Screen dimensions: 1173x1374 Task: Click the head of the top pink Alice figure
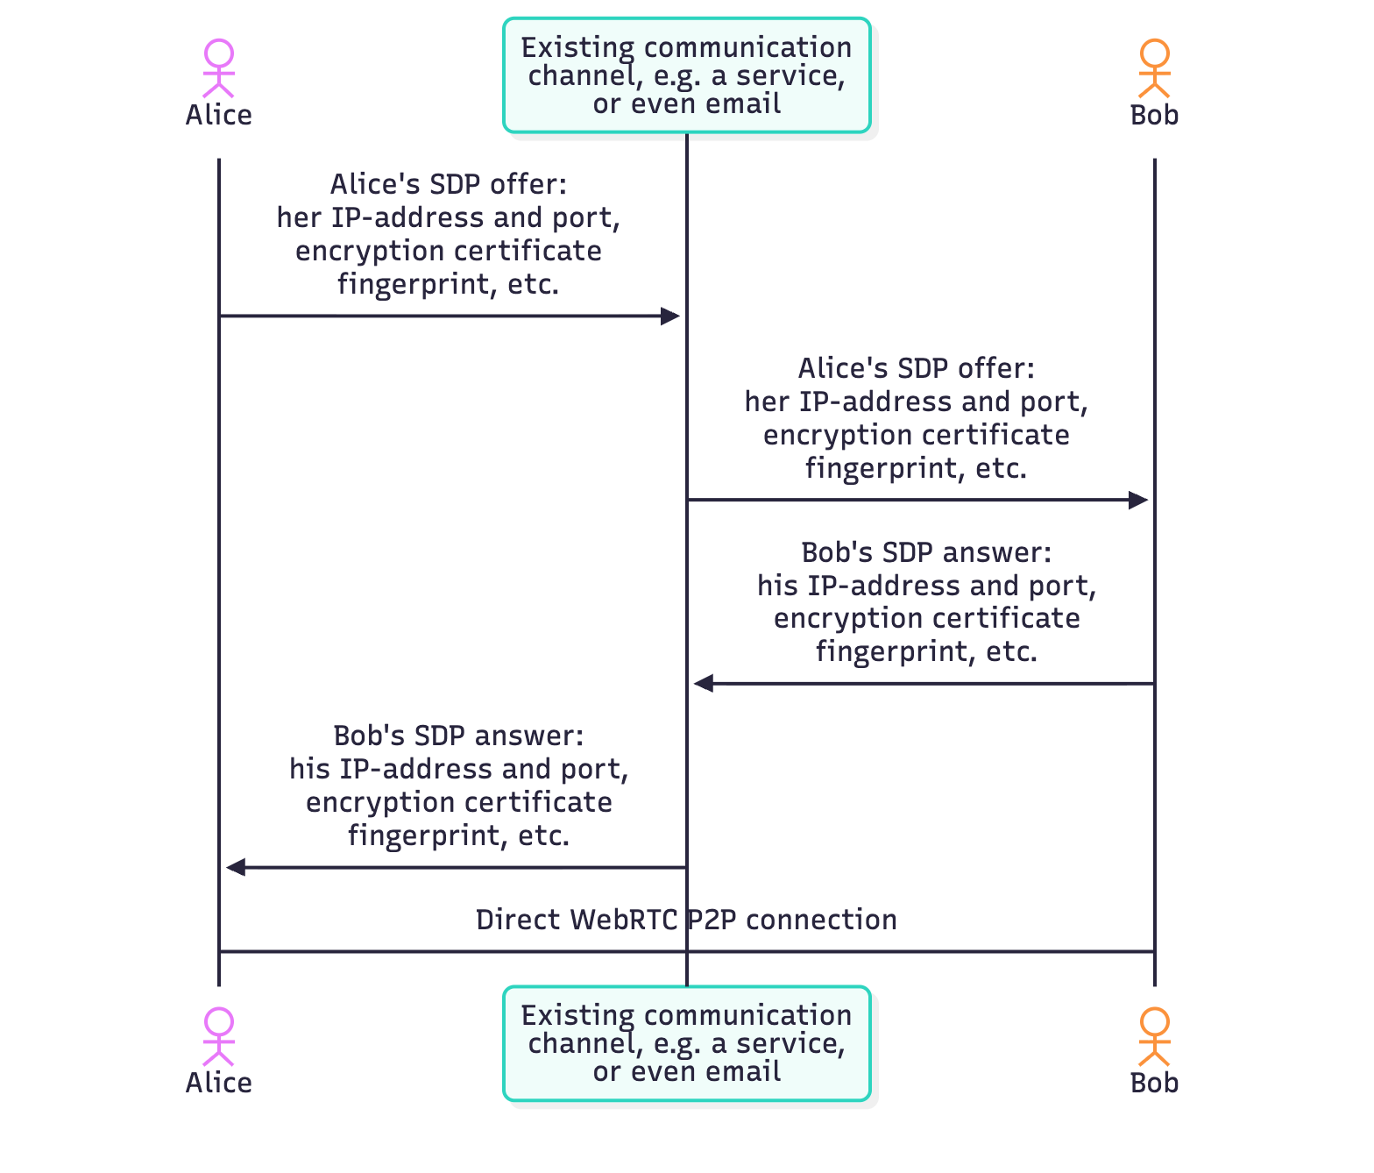(x=219, y=53)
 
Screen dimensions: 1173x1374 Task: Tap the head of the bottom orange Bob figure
(x=1154, y=1021)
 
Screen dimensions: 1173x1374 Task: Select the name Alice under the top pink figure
(x=219, y=115)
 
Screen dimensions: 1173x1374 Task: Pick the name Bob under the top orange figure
(x=1154, y=115)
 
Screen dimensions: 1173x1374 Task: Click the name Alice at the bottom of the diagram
(x=219, y=1083)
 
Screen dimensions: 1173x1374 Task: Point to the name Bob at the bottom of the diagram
(x=1154, y=1083)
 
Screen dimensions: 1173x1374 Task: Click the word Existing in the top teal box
(x=577, y=47)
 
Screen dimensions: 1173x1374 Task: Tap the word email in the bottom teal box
(x=744, y=1071)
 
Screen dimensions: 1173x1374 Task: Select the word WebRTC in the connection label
(x=624, y=920)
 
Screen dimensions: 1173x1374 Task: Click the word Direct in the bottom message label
(x=519, y=920)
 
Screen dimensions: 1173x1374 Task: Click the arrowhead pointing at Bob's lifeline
(x=1138, y=501)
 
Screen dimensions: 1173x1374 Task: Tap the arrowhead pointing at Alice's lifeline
(x=236, y=868)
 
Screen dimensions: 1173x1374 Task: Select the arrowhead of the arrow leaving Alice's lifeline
(x=670, y=316)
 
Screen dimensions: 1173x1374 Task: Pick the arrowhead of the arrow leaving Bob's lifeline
(x=704, y=684)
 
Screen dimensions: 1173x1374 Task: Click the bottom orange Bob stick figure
(x=1154, y=1036)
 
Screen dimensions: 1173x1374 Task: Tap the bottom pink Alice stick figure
(x=219, y=1036)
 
